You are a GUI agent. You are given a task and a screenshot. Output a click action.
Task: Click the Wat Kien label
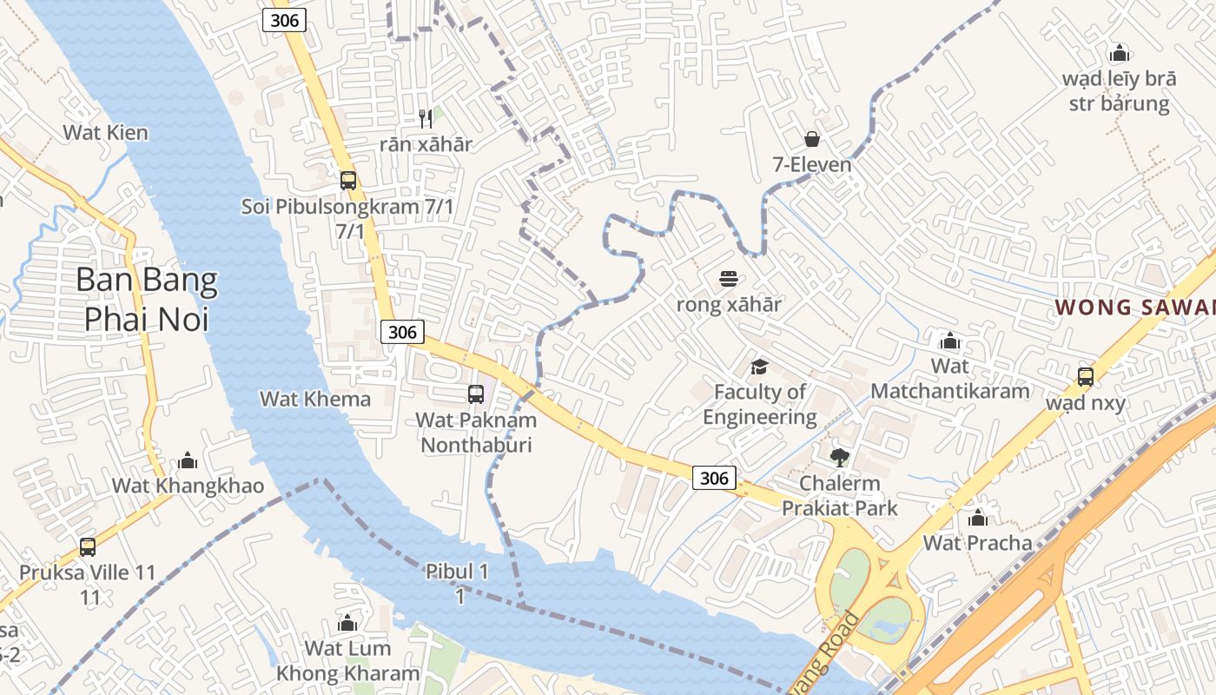click(x=105, y=133)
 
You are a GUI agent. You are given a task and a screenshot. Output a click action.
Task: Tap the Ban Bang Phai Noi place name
click(x=146, y=299)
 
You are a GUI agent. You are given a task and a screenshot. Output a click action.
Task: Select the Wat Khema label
click(x=315, y=399)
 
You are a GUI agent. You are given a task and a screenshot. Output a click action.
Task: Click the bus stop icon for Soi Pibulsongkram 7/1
click(x=348, y=181)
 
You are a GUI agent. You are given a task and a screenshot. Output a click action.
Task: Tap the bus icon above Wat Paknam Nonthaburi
click(x=476, y=394)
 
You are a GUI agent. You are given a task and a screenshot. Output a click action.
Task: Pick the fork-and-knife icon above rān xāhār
click(x=426, y=119)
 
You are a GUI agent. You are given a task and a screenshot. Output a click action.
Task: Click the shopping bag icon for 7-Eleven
click(x=812, y=139)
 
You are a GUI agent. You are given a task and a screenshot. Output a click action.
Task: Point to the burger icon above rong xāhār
click(x=729, y=279)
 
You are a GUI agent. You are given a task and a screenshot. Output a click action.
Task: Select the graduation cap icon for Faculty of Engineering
click(x=760, y=367)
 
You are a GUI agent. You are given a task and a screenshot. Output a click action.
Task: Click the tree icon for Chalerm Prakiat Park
click(x=839, y=457)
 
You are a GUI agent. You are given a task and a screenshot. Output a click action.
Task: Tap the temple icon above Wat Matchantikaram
click(x=949, y=341)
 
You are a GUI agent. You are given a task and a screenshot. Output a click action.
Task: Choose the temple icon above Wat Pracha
click(x=978, y=519)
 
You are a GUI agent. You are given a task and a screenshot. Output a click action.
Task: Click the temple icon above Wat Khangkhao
click(x=188, y=460)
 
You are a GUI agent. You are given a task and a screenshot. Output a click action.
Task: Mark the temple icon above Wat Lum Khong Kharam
click(x=347, y=623)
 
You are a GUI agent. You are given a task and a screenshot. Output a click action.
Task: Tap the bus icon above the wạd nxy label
click(x=1086, y=377)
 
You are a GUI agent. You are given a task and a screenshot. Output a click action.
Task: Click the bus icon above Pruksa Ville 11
click(x=88, y=547)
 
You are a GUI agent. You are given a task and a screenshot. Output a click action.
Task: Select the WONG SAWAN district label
click(x=1133, y=307)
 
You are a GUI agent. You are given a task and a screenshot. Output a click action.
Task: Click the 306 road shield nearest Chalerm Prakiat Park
click(x=714, y=477)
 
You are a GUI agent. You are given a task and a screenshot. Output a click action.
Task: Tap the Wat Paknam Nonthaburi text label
click(x=476, y=433)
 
